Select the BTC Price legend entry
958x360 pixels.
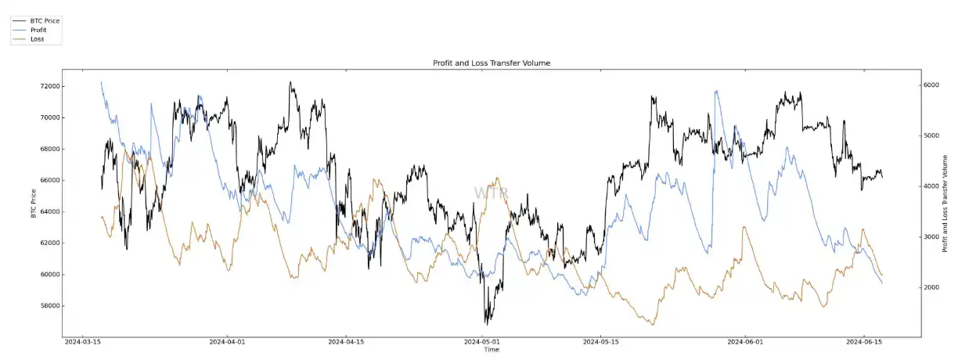coord(44,20)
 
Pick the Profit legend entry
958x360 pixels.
coord(38,30)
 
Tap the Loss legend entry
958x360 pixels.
coord(37,38)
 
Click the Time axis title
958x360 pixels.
coord(491,350)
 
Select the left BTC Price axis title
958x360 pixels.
coord(34,203)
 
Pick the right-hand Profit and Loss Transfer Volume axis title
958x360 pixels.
coord(945,203)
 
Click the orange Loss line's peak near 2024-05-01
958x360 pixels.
coord(498,178)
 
